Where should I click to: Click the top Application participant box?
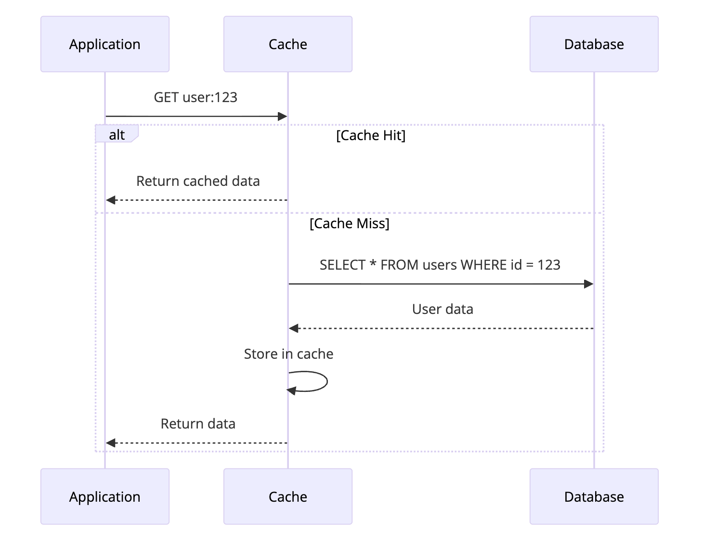coord(104,44)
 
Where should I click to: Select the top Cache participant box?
coord(287,44)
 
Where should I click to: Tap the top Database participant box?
coord(594,44)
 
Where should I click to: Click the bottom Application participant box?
coord(104,496)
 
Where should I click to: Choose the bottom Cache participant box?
coord(287,496)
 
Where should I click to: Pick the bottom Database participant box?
coord(594,496)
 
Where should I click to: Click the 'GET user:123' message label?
coord(195,97)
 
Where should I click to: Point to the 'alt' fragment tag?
coord(117,134)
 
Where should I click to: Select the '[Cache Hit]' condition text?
coord(371,135)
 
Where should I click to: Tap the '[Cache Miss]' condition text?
coord(349,223)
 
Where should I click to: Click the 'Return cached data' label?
coord(198,181)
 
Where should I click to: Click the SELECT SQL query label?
coord(440,265)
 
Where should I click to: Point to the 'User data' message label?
coord(443,309)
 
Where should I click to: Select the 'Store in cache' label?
coord(288,354)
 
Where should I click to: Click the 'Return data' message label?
coord(198,424)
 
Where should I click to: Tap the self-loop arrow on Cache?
coord(318,381)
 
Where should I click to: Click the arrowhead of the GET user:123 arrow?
coord(283,117)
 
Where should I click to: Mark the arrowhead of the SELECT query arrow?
coord(588,284)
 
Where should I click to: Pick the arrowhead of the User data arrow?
coord(294,328)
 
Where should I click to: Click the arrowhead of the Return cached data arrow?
coord(111,200)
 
